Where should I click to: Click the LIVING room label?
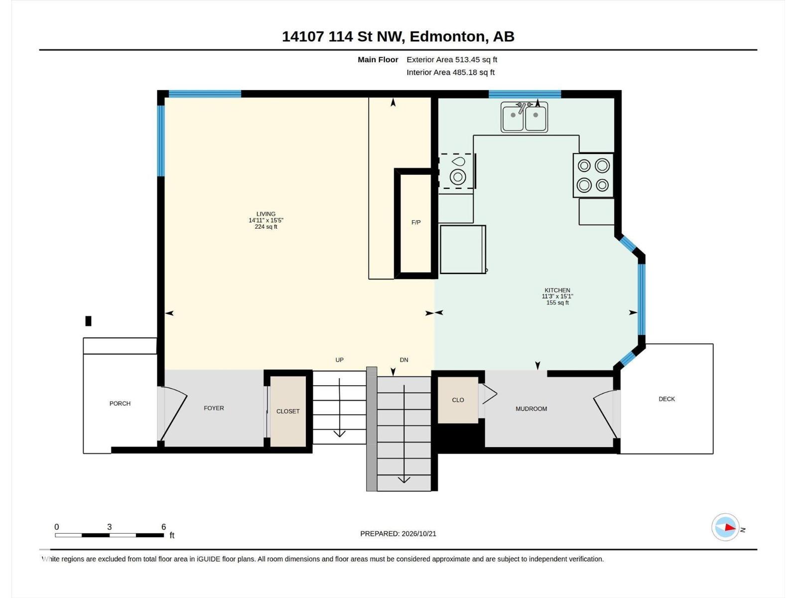[x=266, y=214]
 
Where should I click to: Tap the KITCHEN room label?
[x=557, y=290]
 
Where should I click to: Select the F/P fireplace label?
[x=416, y=222]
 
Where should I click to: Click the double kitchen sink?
[x=525, y=117]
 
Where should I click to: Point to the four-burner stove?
[x=593, y=175]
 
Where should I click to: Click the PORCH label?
[x=120, y=403]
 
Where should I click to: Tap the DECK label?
[x=666, y=399]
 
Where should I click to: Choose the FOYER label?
[x=214, y=408]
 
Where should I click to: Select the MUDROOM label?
[x=531, y=409]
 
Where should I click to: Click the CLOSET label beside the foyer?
[x=288, y=411]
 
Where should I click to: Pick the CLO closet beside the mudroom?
[x=458, y=400]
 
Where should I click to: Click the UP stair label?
[x=340, y=360]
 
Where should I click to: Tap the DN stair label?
[x=404, y=360]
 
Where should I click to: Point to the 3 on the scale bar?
[x=109, y=527]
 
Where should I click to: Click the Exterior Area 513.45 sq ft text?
[x=452, y=59]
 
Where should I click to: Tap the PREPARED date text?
[x=398, y=534]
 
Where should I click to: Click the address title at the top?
[x=398, y=37]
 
